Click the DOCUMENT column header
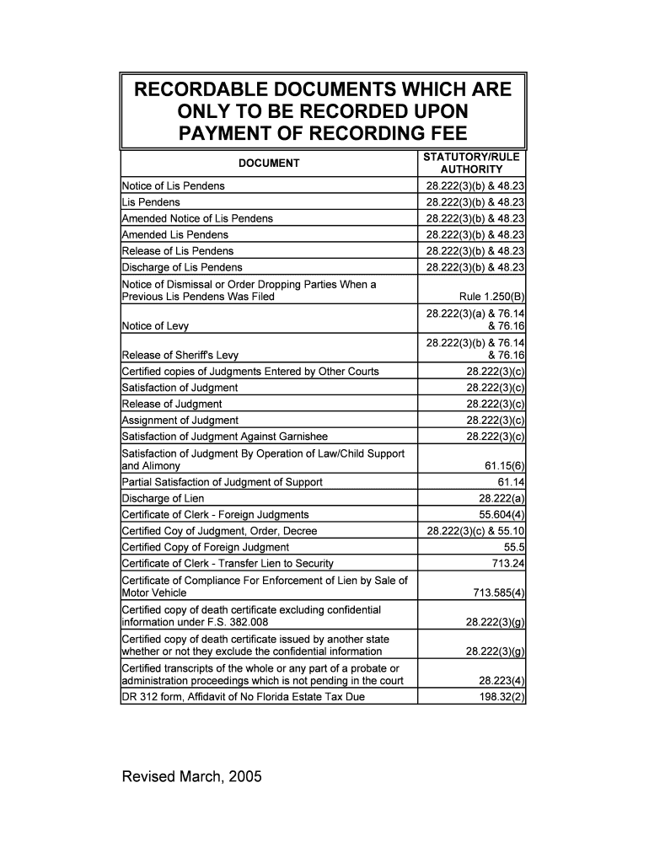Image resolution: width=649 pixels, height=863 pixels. point(269,163)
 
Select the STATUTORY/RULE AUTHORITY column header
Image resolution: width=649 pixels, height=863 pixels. point(471,163)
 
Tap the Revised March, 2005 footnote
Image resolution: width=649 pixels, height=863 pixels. point(192,776)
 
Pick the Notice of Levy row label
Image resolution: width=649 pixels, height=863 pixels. point(156,326)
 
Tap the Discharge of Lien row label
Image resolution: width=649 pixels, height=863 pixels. point(164,498)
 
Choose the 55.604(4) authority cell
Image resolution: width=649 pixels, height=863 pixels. point(502,514)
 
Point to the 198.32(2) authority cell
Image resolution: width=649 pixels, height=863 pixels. point(501,697)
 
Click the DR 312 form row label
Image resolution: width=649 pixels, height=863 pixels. point(244,697)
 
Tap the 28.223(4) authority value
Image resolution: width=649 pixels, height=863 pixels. point(502,681)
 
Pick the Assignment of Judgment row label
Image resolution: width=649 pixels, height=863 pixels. point(180,420)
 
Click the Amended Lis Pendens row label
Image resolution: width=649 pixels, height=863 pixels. point(175,234)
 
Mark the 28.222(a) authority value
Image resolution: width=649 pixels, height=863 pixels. point(502,498)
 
